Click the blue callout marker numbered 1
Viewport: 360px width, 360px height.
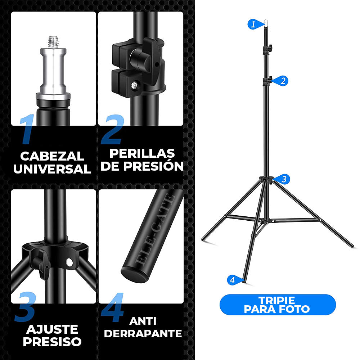255,24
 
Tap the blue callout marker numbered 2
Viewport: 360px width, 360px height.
282,81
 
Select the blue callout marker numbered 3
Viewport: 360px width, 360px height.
283,179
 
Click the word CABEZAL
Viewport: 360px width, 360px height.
52,156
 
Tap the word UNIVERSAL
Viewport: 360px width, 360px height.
52,169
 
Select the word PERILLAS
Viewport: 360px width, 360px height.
142,153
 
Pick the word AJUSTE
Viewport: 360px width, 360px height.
52,329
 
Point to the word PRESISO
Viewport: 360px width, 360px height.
52,342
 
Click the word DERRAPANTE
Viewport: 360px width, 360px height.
143,334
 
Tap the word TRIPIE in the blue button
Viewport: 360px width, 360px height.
276,300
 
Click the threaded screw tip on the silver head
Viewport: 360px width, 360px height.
53,42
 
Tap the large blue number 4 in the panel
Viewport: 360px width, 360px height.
112,307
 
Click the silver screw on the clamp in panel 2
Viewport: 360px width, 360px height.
134,85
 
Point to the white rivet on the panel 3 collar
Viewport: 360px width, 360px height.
69,262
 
